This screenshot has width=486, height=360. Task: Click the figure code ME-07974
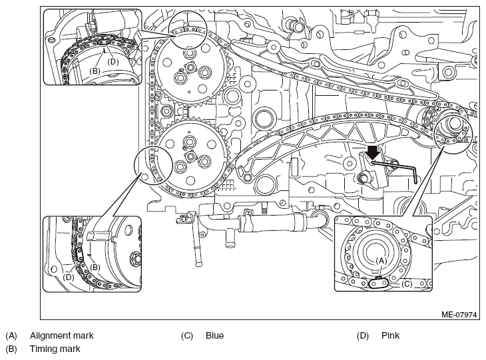[459, 315]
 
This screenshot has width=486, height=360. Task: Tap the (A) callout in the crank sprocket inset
[381, 261]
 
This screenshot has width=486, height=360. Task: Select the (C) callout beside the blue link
[407, 283]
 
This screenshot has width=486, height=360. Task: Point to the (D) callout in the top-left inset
[113, 62]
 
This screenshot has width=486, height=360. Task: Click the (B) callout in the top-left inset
[95, 71]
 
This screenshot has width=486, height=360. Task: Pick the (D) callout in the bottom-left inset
[69, 277]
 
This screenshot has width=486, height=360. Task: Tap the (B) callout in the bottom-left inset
[95, 267]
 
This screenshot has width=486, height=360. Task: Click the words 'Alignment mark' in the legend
[61, 335]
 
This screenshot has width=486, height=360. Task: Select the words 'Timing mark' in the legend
[55, 349]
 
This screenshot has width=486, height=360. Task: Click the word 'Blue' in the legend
[214, 335]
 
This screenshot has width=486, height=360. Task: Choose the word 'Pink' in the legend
[390, 335]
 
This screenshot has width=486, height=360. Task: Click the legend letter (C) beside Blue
[187, 335]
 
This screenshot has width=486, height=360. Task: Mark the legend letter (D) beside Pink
[363, 335]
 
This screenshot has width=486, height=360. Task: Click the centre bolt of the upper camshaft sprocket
[190, 67]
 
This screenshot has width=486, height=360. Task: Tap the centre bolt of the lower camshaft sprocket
[190, 156]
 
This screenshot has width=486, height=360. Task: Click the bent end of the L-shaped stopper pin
[415, 176]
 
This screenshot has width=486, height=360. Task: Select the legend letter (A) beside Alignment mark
[11, 335]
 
